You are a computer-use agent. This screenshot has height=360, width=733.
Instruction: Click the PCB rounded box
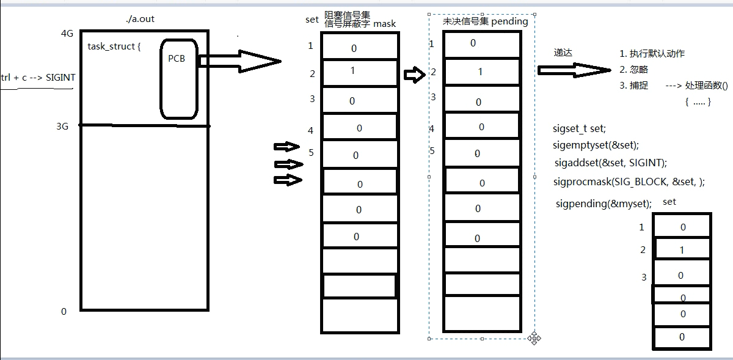click(x=179, y=78)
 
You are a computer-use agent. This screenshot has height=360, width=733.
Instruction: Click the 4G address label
click(x=67, y=34)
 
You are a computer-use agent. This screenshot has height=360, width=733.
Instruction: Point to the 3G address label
click(x=62, y=126)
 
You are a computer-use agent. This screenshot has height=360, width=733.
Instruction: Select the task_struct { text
click(x=114, y=46)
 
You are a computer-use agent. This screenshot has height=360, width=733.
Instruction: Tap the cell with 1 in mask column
click(x=360, y=72)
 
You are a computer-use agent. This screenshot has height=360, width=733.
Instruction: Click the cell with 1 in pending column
click(x=481, y=72)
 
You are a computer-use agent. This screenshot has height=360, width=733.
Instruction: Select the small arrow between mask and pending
click(x=414, y=75)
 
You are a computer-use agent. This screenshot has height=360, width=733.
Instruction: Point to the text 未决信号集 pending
click(x=485, y=21)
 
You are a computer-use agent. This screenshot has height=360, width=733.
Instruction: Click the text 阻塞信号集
click(x=347, y=15)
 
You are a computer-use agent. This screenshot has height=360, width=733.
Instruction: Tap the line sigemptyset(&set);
click(x=596, y=145)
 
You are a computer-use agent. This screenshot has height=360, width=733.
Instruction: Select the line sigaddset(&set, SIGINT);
click(x=610, y=163)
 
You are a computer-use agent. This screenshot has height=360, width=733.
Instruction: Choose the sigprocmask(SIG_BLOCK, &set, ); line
click(x=629, y=182)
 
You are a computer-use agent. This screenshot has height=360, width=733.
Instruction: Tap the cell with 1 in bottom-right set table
click(x=682, y=249)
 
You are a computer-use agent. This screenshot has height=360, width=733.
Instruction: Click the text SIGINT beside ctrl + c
click(x=60, y=78)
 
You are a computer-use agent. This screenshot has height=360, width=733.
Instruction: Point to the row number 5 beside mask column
click(x=311, y=152)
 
